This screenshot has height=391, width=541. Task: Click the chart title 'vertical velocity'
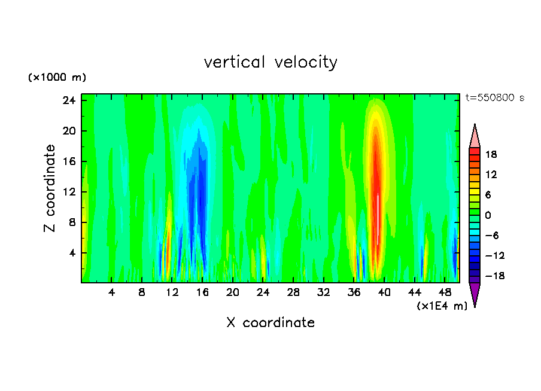[270, 62]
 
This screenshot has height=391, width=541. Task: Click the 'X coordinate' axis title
[270, 323]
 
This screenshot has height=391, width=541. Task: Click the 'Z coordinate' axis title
[50, 188]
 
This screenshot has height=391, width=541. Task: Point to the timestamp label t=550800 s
[495, 98]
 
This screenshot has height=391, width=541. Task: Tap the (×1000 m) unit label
[57, 78]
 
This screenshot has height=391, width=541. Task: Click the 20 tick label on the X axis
[233, 293]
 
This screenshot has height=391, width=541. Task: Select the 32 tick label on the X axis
[324, 293]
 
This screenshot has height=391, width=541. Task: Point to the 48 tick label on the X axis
[445, 293]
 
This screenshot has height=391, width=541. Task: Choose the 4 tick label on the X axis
[111, 293]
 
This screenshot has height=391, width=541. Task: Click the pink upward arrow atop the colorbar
[475, 136]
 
